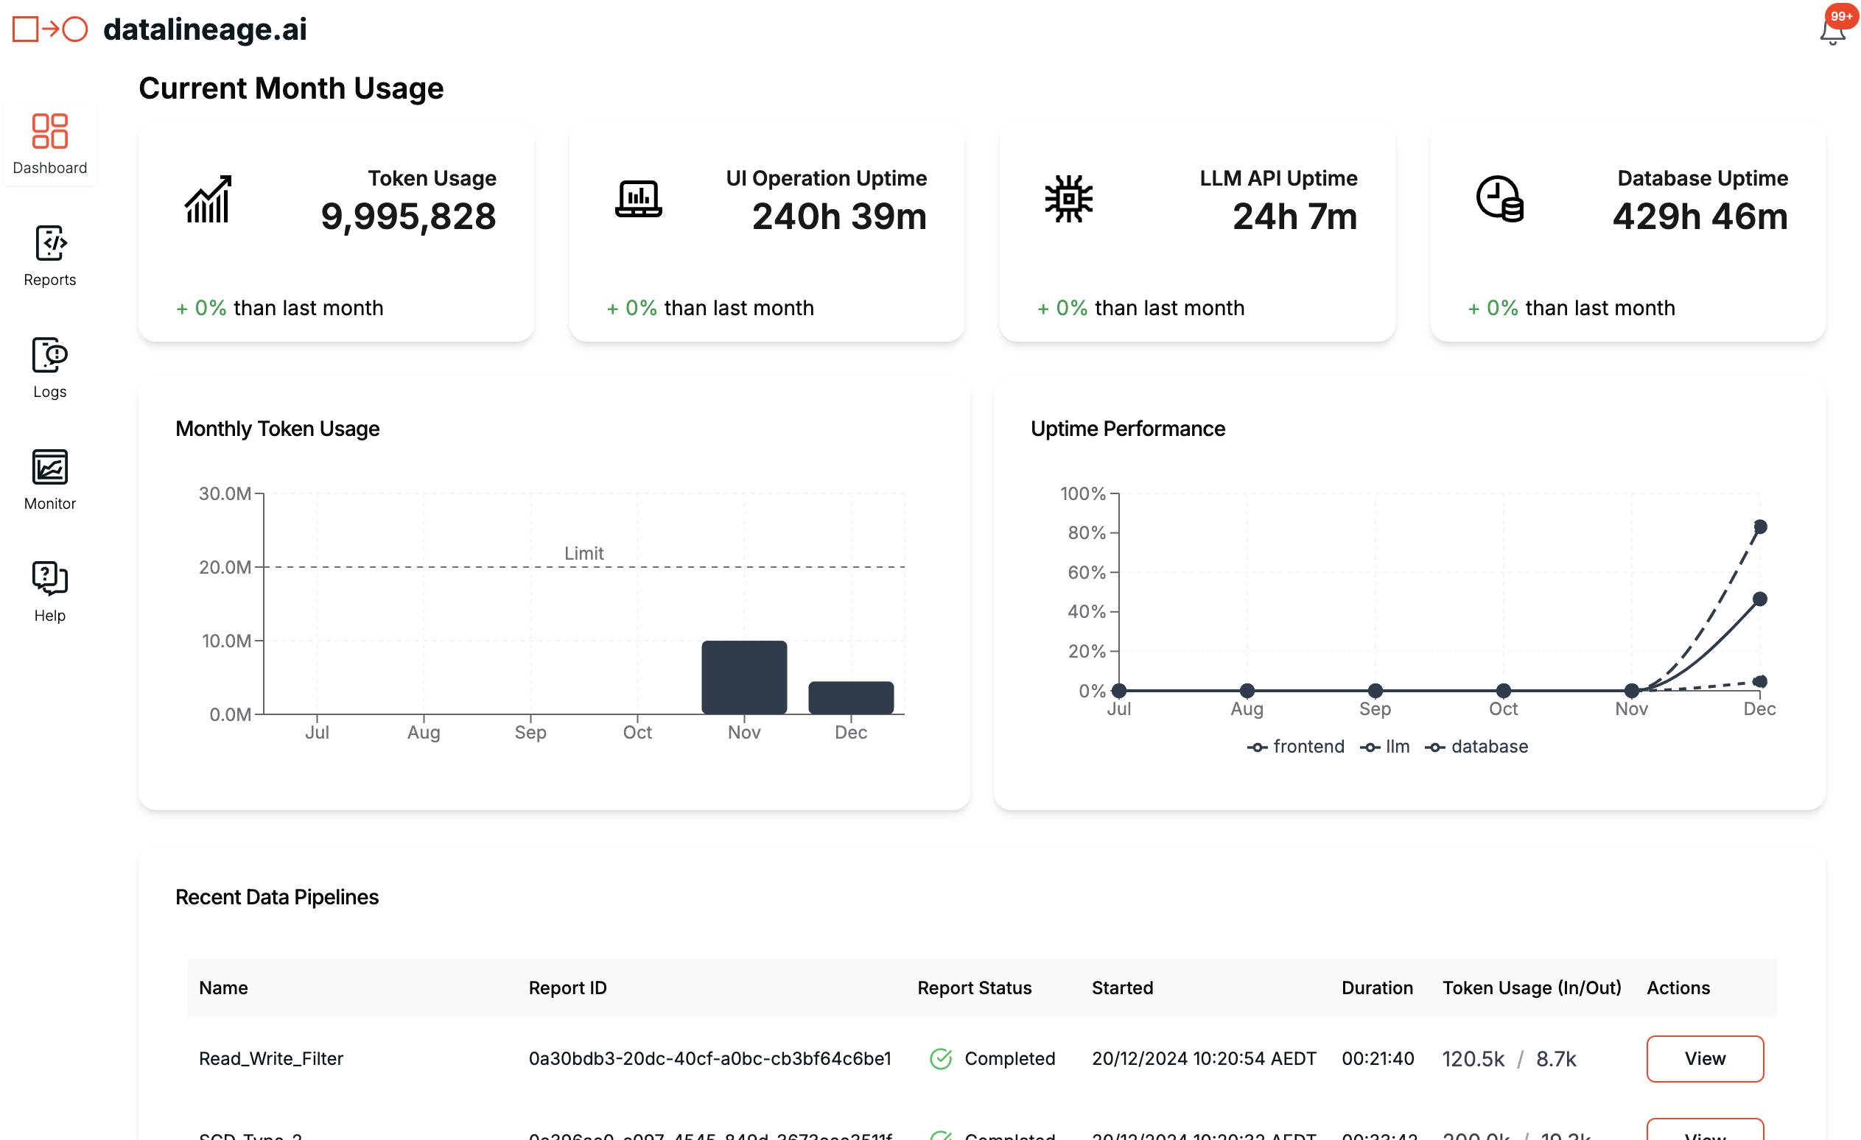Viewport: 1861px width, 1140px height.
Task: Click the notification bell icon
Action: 1832,32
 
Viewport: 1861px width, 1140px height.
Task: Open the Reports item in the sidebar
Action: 50,256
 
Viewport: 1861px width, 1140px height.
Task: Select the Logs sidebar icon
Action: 50,367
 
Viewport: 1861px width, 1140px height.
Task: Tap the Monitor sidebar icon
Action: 50,479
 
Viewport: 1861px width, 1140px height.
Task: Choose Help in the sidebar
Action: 50,591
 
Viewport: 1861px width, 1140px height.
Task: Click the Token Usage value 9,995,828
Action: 408,217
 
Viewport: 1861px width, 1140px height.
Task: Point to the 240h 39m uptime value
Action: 839,217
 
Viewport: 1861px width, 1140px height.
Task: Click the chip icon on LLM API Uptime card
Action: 1068,199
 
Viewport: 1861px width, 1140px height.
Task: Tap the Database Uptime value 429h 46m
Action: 1700,217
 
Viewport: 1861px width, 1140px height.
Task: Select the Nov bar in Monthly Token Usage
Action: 744,678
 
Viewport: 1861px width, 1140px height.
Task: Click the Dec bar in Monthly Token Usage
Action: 850,697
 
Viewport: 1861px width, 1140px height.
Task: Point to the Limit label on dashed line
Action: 583,553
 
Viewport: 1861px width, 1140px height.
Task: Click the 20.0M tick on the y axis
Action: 225,567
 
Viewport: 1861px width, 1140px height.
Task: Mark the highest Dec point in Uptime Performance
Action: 1760,527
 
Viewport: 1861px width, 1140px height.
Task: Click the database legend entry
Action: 1476,747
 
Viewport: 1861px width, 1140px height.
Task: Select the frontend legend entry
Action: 1296,747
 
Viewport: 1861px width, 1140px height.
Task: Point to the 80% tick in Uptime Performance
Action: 1086,533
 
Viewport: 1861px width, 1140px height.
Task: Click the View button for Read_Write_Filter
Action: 1705,1058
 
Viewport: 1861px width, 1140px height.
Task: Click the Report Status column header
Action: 974,988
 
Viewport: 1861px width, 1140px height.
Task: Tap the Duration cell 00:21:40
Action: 1378,1058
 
